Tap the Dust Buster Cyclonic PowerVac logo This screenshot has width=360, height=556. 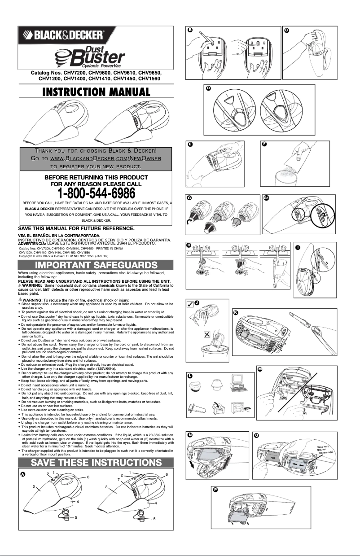click(89, 57)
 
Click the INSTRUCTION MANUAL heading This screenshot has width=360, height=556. click(96, 92)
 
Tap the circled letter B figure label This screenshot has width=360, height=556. click(190, 30)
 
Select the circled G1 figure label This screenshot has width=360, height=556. click(266, 198)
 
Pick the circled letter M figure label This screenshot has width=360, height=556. click(260, 368)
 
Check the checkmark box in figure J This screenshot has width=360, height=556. click(191, 305)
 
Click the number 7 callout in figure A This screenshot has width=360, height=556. click(119, 480)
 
